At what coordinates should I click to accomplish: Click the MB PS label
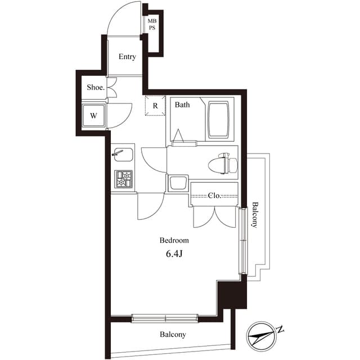[152, 25]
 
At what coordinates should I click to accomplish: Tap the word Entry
[127, 57]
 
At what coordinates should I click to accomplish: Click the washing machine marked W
[93, 116]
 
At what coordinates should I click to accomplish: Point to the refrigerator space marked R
[155, 105]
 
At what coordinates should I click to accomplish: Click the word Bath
[182, 105]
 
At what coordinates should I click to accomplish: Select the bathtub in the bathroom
[219, 120]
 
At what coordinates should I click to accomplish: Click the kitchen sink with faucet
[123, 154]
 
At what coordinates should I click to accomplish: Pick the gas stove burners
[123, 179]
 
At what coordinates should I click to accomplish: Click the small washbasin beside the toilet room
[178, 183]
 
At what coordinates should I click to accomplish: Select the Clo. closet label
[214, 196]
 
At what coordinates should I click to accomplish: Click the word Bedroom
[174, 240]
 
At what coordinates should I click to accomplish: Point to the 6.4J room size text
[175, 254]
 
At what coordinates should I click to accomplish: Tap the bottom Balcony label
[173, 334]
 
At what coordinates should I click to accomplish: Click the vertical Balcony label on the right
[255, 214]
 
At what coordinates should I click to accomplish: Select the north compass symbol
[262, 336]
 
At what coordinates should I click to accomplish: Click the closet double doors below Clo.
[213, 216]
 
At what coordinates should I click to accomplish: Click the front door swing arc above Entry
[123, 20]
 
